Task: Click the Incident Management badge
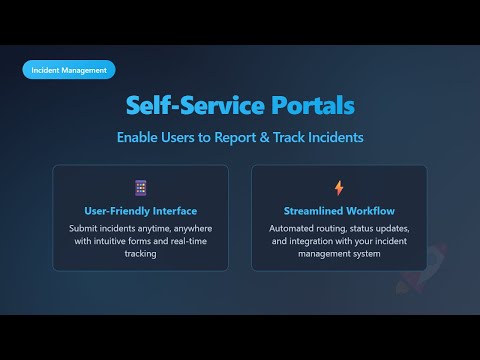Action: [x=69, y=70]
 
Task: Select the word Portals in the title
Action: [x=304, y=105]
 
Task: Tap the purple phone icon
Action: [x=140, y=187]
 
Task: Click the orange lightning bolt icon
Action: [x=339, y=187]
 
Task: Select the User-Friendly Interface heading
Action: [x=140, y=210]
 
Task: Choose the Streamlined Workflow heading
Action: [x=339, y=210]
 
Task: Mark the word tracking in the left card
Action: [x=140, y=254]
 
